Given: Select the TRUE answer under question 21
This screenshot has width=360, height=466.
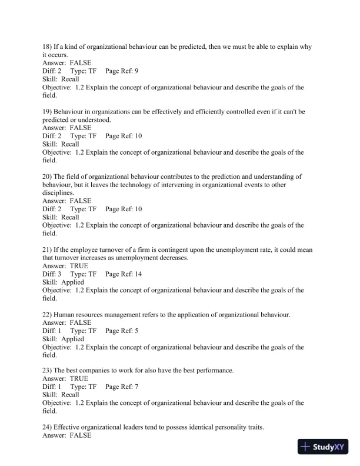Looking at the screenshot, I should pos(79,266).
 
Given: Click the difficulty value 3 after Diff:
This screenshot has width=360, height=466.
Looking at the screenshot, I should pos(59,274).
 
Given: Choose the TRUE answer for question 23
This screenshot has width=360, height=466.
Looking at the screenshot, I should pos(79,379).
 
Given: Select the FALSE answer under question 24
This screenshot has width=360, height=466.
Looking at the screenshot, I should pos(81,436).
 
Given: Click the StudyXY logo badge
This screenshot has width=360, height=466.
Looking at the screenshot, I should pos(324,447).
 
